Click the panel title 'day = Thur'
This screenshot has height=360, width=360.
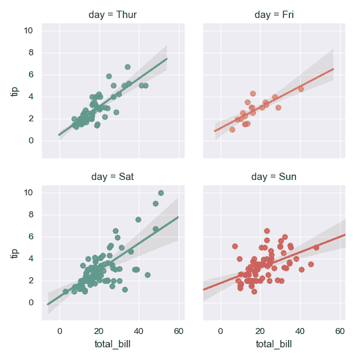click(x=113, y=14)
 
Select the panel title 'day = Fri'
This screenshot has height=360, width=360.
click(x=273, y=14)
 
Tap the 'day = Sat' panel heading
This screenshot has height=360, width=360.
click(x=113, y=177)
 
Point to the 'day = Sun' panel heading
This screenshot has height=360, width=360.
click(x=273, y=177)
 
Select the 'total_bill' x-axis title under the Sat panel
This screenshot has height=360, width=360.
click(x=113, y=345)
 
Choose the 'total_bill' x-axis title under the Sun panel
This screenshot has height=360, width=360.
click(x=273, y=345)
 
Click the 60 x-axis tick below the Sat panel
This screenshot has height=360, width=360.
click(x=179, y=331)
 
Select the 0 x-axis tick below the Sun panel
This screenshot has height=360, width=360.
click(x=221, y=331)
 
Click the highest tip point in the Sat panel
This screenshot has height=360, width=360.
click(x=161, y=193)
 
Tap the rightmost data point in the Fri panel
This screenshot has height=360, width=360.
click(x=301, y=89)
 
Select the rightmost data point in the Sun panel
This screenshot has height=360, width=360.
click(x=316, y=247)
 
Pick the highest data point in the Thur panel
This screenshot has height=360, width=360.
click(x=127, y=67)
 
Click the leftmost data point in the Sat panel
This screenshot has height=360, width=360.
click(x=66, y=291)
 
